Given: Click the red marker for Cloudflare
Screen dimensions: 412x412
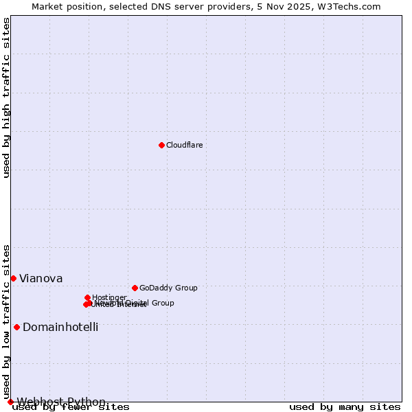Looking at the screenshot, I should click(161, 145).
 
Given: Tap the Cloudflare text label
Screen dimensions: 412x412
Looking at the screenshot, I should click(184, 145).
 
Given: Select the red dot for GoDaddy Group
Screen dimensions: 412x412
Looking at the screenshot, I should click(135, 288).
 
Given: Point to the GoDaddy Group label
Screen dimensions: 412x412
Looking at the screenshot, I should click(168, 288).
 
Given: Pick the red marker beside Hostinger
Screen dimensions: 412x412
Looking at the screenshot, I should click(88, 297).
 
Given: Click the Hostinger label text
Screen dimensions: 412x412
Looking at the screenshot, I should click(109, 297).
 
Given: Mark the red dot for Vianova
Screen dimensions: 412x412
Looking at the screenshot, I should click(13, 278).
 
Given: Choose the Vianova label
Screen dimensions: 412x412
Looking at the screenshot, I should click(41, 278).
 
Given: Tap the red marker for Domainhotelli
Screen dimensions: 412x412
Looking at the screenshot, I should click(16, 327).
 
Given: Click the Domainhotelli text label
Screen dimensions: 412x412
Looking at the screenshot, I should click(60, 327).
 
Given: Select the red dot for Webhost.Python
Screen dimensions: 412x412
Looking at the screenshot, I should click(10, 402).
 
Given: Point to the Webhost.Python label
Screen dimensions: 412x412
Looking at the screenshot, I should click(62, 402).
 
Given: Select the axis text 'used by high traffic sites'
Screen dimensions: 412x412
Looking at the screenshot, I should click(6, 98).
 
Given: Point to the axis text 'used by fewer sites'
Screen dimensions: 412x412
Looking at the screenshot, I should click(71, 407).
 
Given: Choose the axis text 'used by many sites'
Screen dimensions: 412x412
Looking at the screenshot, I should click(345, 407).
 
